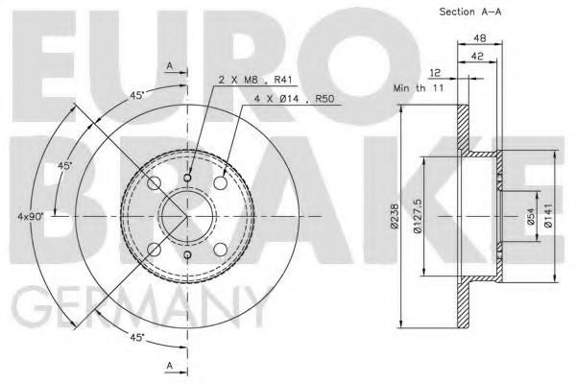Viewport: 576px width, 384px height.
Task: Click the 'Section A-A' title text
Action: (x=469, y=12)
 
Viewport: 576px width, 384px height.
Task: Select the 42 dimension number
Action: (x=476, y=57)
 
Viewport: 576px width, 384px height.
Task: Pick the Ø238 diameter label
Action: (x=396, y=216)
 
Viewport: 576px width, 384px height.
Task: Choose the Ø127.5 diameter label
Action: (x=419, y=216)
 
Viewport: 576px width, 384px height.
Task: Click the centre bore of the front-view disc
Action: (x=185, y=216)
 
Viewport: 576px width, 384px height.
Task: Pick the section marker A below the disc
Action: (x=169, y=365)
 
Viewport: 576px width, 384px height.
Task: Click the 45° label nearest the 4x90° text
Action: (x=64, y=166)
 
